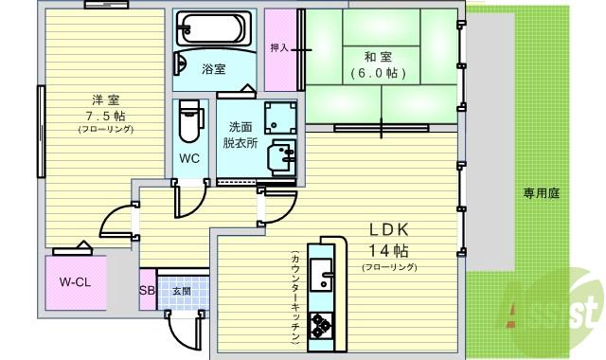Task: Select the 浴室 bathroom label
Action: pyautogui.click(x=214, y=69)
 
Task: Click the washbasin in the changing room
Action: pyautogui.click(x=282, y=155)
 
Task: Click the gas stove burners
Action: pyautogui.click(x=322, y=325)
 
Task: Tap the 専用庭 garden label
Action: pyautogui.click(x=542, y=193)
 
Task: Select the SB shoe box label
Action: pyautogui.click(x=147, y=291)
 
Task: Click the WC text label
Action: pyautogui.click(x=189, y=158)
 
